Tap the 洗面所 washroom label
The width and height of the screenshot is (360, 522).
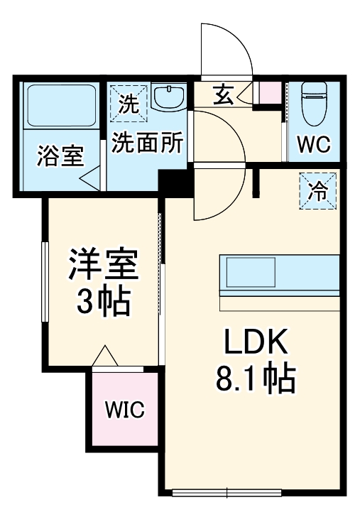148,143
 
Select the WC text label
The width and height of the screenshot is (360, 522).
313,145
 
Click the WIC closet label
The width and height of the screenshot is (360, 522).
125,410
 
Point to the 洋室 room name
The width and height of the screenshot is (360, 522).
102,266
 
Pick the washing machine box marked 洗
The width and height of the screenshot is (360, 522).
129,104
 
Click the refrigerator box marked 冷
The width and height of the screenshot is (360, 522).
320,192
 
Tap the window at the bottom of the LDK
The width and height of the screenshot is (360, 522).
228,492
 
